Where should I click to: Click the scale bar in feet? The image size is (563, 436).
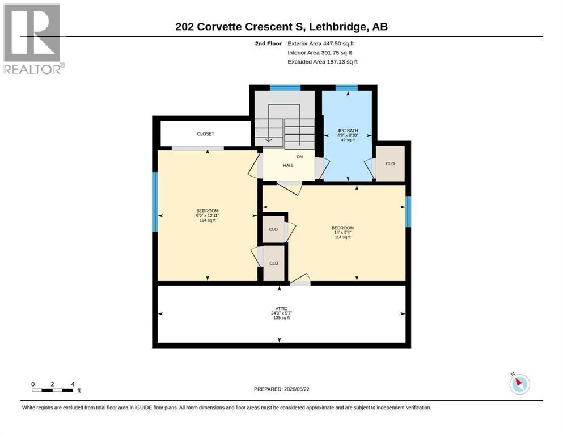click(53, 390)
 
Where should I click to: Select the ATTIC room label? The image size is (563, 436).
click(281, 308)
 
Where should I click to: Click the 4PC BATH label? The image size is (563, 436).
click(348, 131)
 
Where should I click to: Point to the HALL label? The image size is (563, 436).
click(288, 166)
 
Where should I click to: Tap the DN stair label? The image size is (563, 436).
click(299, 157)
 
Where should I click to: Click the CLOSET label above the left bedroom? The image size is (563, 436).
click(205, 134)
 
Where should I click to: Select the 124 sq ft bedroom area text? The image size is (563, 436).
click(208, 220)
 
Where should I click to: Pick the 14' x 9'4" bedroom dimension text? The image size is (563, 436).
click(342, 233)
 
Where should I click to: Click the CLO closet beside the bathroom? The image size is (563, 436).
click(390, 163)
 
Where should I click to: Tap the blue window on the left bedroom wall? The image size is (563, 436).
click(155, 202)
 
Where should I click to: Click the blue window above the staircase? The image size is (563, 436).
click(285, 87)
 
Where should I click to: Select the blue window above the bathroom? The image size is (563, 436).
click(346, 87)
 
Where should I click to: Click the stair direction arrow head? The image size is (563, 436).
click(268, 140)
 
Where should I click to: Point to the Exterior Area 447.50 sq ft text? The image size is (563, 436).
click(321, 44)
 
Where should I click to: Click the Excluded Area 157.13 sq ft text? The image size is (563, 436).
click(323, 62)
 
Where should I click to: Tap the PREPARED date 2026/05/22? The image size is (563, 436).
click(281, 389)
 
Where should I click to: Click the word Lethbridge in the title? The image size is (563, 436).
click(337, 27)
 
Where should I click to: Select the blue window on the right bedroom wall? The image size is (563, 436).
click(408, 212)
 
